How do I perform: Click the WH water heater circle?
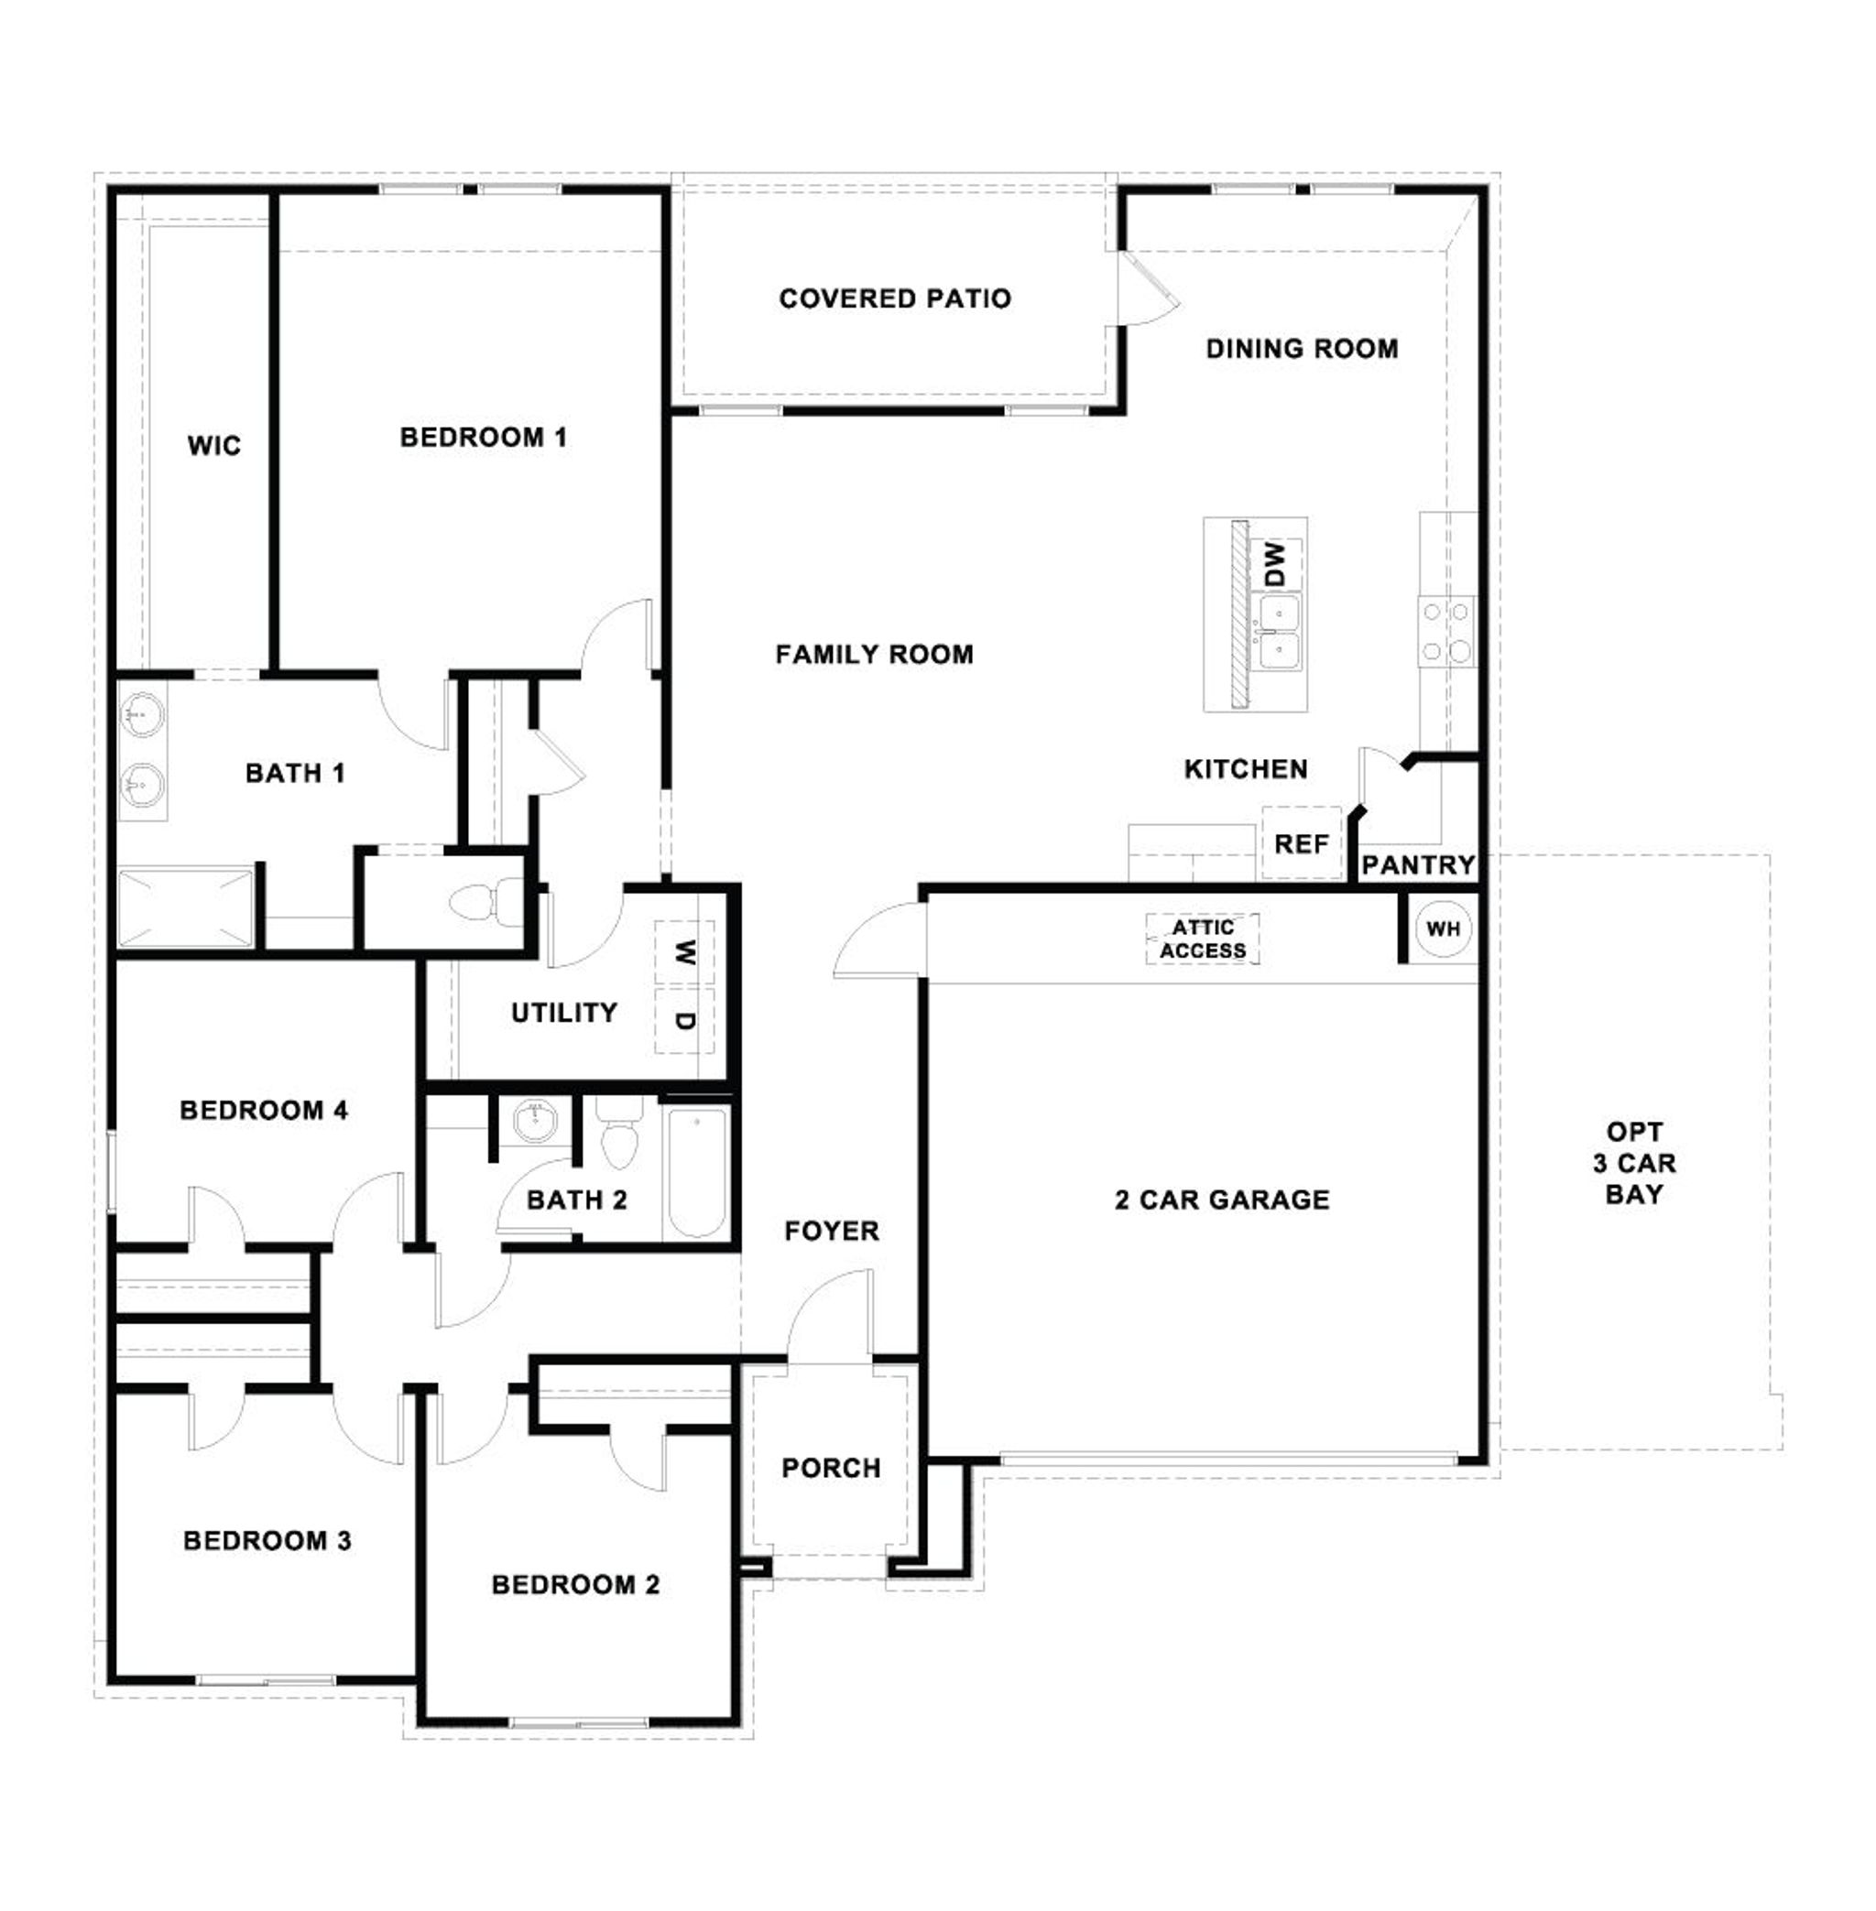pos(1443,928)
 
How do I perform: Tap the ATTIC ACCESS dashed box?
pos(1202,939)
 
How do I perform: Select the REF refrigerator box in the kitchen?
pos(1301,844)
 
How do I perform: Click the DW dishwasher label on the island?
pos(1274,563)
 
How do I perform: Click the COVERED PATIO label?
pos(895,299)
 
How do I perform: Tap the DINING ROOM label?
pos(1302,349)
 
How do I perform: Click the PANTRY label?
pos(1417,865)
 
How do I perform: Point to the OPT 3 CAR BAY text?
pos(1633,1163)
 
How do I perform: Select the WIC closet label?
pos(213,446)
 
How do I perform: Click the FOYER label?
pos(832,1231)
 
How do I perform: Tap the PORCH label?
pos(831,1468)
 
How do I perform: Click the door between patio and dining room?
pos(1148,288)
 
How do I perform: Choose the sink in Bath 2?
pos(535,1120)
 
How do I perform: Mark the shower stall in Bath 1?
pos(185,907)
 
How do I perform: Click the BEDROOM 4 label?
pos(264,1110)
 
